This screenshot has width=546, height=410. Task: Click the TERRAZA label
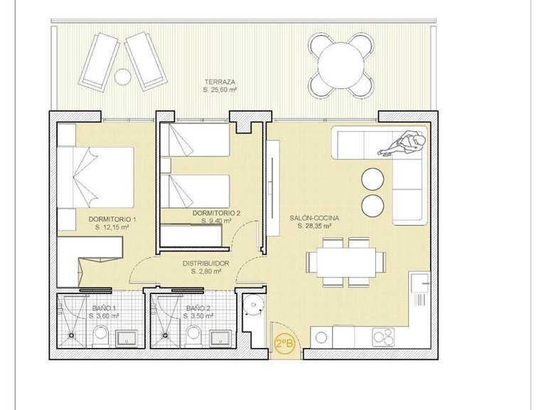219,80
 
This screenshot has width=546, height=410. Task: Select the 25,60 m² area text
219,89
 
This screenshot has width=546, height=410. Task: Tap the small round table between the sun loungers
123,75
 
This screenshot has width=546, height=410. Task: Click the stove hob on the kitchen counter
387,336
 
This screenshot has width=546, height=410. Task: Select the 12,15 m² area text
112,228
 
